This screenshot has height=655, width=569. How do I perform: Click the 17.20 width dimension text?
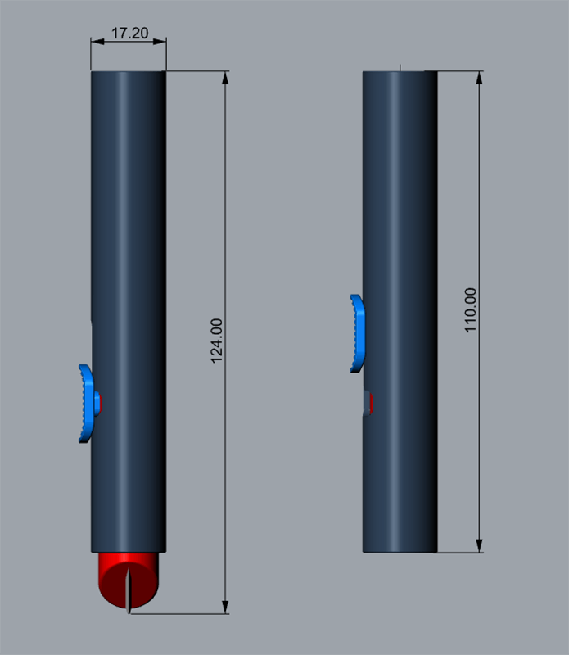pyautogui.click(x=129, y=33)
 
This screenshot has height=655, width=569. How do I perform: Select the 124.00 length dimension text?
pyautogui.click(x=216, y=341)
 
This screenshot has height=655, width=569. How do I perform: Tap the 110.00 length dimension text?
pyautogui.click(x=471, y=310)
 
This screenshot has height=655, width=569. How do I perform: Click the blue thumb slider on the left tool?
pyautogui.click(x=87, y=404)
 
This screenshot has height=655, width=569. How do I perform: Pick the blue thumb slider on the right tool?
pyautogui.click(x=358, y=333)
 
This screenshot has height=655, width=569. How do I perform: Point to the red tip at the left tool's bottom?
pyautogui.click(x=129, y=579)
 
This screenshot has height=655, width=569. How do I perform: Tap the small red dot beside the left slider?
pyautogui.click(x=99, y=403)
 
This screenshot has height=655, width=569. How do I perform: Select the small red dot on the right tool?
pyautogui.click(x=372, y=404)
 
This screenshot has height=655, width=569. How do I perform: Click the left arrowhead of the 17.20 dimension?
pyautogui.click(x=97, y=42)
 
